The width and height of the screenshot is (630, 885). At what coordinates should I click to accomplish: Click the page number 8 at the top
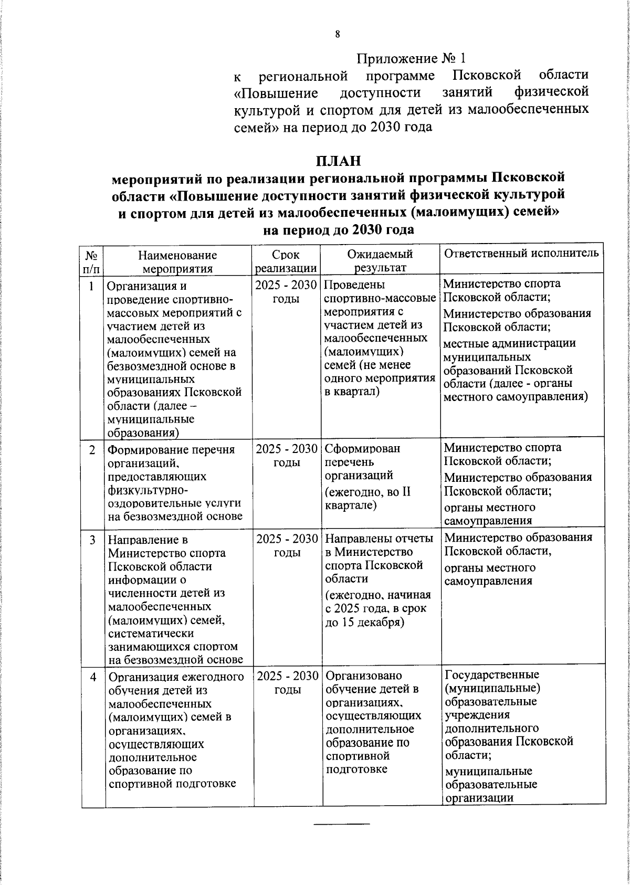click(338, 35)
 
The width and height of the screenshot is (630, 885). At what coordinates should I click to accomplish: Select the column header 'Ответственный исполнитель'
click(521, 253)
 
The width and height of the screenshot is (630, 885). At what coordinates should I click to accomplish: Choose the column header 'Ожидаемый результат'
click(380, 261)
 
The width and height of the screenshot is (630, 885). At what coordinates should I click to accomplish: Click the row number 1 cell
click(92, 286)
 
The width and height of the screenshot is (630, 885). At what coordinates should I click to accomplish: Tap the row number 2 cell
click(92, 450)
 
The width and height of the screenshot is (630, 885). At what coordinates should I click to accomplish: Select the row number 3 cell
click(92, 540)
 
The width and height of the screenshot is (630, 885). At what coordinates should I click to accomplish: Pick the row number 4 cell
click(92, 678)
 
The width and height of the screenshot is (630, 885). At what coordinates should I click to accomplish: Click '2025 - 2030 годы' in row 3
click(287, 545)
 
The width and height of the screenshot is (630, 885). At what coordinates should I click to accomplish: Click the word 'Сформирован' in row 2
click(362, 449)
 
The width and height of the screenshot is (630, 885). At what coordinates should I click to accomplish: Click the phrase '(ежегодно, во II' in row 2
click(367, 492)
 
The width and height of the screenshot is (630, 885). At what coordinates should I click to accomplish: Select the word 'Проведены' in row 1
click(354, 285)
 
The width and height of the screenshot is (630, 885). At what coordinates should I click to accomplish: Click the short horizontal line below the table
click(342, 824)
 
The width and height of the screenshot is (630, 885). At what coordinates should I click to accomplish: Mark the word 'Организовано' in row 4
click(363, 676)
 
